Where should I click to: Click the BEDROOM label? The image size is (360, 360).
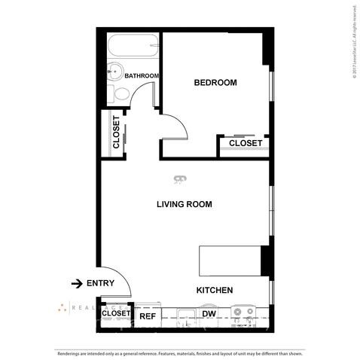[215, 83]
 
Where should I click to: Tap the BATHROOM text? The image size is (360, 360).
[142, 76]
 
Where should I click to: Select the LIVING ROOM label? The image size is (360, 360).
[184, 204]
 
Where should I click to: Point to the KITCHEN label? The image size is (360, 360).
[214, 290]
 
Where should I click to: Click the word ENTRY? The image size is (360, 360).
[100, 283]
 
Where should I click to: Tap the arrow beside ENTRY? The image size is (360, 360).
[76, 283]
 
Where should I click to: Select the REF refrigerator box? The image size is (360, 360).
[147, 316]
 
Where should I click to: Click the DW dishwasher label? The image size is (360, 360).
[209, 314]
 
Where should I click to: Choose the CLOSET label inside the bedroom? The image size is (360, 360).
[245, 143]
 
